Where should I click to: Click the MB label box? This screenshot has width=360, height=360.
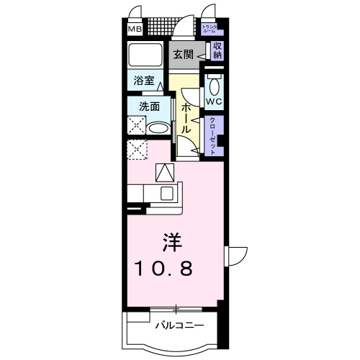135,30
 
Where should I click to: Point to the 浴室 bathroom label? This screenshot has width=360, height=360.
143,81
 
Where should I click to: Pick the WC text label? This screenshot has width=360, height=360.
214,102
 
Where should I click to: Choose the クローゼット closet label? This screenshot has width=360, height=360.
214,135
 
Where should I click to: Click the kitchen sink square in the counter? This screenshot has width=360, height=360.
167,193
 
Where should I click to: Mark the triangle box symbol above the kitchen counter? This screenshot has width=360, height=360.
164,172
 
